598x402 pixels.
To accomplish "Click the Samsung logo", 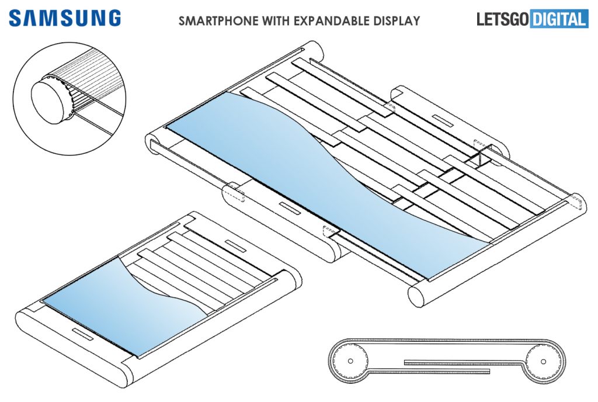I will click(x=64, y=18).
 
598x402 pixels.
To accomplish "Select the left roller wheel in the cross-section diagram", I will click(x=350, y=361).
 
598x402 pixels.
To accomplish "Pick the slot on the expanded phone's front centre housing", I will click(x=288, y=207).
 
